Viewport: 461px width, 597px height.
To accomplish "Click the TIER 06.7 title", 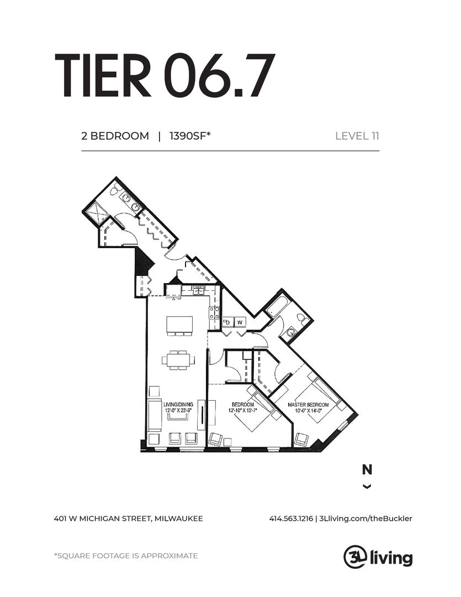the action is (x=165, y=76).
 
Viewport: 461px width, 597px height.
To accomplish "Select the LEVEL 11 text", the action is (x=357, y=136).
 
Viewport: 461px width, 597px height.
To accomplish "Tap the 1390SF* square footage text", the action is (x=190, y=136).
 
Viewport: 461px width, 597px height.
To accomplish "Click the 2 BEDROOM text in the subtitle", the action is (x=115, y=136).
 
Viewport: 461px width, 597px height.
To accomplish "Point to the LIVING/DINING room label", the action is (x=178, y=404).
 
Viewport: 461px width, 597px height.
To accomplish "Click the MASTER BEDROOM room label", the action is (x=308, y=405).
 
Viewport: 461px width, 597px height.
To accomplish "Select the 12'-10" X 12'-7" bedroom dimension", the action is (x=243, y=410).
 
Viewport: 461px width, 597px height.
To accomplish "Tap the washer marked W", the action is (x=240, y=322).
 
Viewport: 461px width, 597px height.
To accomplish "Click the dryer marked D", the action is (x=228, y=322).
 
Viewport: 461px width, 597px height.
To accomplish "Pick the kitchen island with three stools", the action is (x=179, y=326).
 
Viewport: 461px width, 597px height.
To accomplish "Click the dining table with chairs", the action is (x=178, y=360).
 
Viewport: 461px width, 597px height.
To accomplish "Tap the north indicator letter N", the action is (x=367, y=470).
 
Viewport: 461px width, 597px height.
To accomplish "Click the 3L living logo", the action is (x=378, y=557).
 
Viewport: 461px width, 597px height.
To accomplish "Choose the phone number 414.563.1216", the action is (x=291, y=519).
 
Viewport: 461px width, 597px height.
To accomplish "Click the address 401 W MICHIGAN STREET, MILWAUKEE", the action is (x=129, y=519).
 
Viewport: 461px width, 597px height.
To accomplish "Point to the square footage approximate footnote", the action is (x=126, y=556).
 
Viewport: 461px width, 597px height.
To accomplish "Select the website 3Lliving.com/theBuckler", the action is (x=365, y=519).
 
